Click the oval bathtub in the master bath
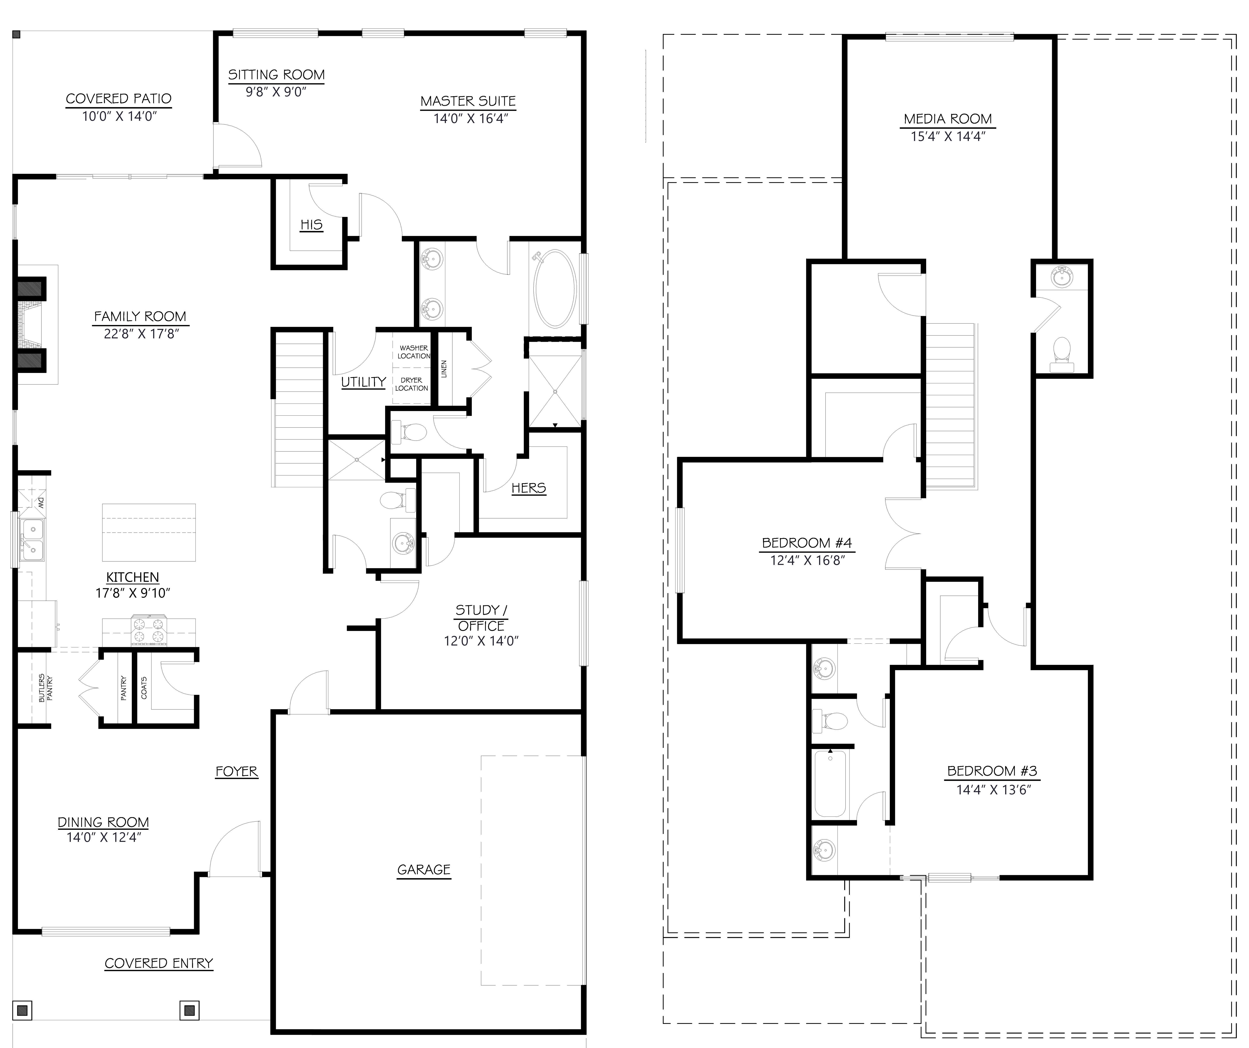click(555, 288)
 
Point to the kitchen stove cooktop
click(149, 632)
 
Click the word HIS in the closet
click(311, 225)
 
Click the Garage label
click(423, 870)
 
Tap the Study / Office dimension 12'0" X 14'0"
click(481, 641)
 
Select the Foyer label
click(236, 771)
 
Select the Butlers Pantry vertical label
click(46, 688)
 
